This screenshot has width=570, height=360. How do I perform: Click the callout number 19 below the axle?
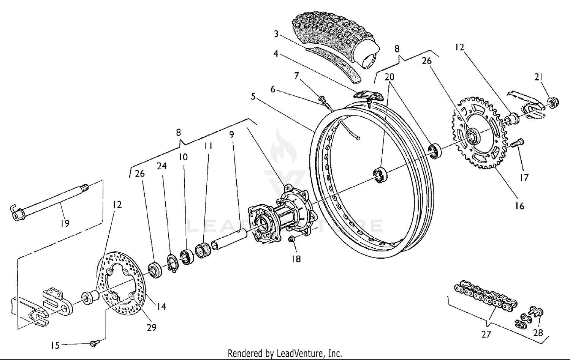[x=65, y=223]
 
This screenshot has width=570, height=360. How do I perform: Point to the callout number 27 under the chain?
[x=486, y=334]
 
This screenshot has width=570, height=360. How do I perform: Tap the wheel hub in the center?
[x=281, y=216]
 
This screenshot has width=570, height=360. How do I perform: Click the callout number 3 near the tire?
[x=276, y=34]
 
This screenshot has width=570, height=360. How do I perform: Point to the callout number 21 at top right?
[x=538, y=77]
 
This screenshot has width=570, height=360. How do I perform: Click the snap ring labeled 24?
[x=173, y=263]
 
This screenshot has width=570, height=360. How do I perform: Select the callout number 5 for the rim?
[x=253, y=96]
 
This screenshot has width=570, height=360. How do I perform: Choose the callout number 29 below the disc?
[x=151, y=327]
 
